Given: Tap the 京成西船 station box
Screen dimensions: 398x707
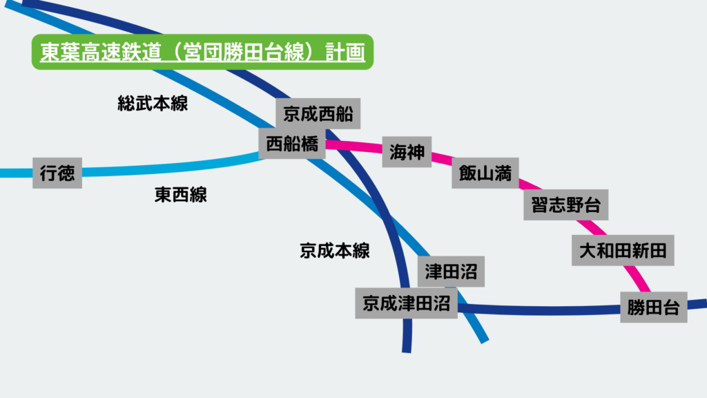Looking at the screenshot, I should point(318,113).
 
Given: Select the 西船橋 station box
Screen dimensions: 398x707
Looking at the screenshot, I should point(292,144).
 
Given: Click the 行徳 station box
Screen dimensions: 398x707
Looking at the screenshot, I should point(57,173).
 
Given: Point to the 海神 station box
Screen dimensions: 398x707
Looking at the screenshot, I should point(407,152).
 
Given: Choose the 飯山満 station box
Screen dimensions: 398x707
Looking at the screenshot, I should point(485,173).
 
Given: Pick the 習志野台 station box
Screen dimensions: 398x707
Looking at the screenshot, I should point(566,205).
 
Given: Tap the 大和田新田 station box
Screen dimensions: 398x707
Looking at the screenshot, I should point(623,250).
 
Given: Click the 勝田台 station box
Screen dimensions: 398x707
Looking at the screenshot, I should point(654,307).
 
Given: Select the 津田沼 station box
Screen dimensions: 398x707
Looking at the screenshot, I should point(452,271).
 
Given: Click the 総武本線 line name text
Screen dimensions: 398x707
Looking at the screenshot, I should point(153,104).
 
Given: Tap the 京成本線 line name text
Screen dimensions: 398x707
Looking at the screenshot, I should point(335,250).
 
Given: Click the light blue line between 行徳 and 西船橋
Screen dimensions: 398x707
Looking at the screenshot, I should point(173,167).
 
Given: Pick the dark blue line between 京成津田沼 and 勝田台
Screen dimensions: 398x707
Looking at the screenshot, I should point(539,310).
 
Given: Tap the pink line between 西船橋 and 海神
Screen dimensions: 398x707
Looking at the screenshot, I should point(353,146).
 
